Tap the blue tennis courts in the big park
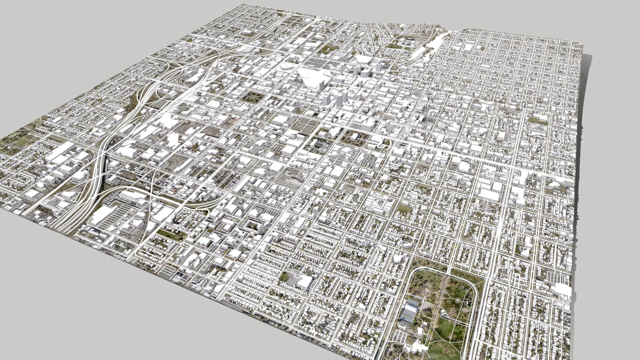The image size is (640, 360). tap(409, 310)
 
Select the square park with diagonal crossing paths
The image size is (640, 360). tap(253, 97)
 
